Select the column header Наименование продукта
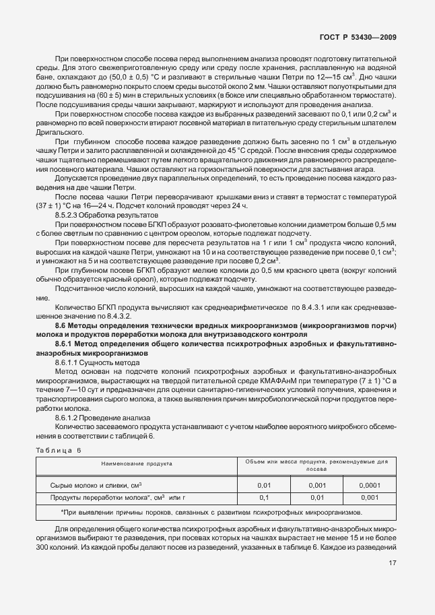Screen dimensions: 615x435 (x=137, y=463)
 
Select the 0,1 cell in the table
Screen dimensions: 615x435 (x=263, y=498)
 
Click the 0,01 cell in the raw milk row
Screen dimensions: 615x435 (x=263, y=484)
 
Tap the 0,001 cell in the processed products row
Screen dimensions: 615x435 (x=369, y=498)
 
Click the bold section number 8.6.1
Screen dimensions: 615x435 (x=67, y=344)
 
